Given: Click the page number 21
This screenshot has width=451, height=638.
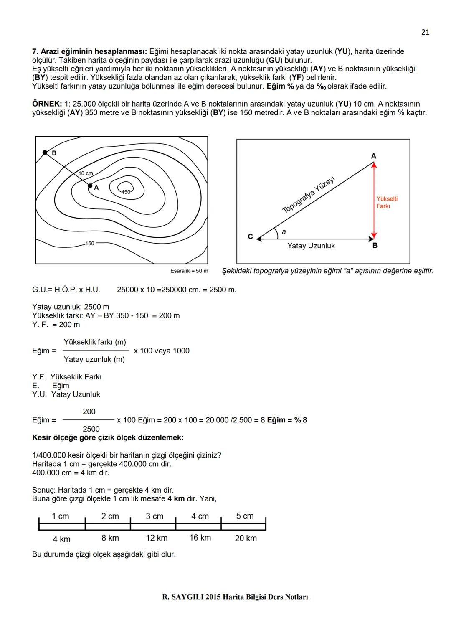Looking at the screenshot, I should pos(425,32).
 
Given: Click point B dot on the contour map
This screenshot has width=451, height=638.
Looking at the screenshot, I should pos(45,153).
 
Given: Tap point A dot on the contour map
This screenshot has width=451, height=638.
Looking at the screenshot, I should pos(90,186).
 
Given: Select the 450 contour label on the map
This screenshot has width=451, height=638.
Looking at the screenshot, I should pos(126,192).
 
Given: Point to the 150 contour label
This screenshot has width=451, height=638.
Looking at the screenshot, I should pos(90,243).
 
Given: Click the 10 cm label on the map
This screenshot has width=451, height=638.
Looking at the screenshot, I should pos(86,173).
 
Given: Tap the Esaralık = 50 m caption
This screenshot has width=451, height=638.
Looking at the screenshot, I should pos(189,271).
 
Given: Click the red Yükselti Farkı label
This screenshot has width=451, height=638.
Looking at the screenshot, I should pos(387,203).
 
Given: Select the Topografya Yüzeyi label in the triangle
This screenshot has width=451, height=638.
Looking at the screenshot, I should pos(309,195).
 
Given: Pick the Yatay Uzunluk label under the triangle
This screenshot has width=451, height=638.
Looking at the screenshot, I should pos(311,246).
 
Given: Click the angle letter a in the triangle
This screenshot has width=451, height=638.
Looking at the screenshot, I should pos(284,231).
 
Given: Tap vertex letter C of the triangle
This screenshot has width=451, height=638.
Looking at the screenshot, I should pos(250,236).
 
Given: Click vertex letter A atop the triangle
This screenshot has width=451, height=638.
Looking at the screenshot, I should pos(374,156).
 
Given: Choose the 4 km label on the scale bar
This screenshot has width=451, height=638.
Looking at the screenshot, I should pos(62,539).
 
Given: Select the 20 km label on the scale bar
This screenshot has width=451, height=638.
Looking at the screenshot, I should pos(246,538).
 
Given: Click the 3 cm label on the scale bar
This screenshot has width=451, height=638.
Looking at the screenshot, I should pos(155,516).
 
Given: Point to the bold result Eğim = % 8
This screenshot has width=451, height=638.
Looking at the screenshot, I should pos(287,420).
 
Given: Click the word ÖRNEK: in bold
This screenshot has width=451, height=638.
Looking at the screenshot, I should pos(47,104).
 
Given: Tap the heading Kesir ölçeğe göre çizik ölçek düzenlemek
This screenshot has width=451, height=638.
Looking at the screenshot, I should pos(108,437).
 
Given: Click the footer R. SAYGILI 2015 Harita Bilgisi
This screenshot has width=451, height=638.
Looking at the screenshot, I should pos(235,597).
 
